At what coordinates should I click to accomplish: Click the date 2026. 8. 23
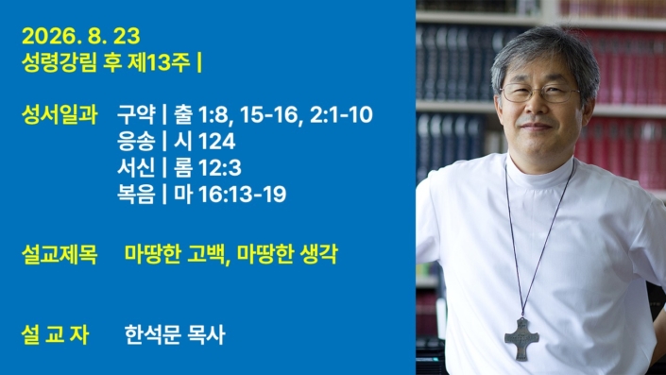click(x=80, y=37)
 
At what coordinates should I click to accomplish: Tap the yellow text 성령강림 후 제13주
click(x=106, y=63)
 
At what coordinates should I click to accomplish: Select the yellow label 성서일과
click(x=60, y=115)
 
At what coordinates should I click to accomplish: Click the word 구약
click(x=136, y=115)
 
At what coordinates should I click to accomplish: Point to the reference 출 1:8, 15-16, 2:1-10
click(x=273, y=115)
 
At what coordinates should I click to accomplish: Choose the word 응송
click(x=136, y=142)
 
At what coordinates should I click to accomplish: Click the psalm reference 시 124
click(x=204, y=142)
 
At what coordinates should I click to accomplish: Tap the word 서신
click(x=136, y=168)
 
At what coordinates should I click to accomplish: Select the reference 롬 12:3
click(x=207, y=168)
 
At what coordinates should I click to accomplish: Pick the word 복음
click(x=136, y=194)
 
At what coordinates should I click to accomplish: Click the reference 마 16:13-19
click(x=230, y=194)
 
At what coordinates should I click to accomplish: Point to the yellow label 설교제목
click(x=60, y=254)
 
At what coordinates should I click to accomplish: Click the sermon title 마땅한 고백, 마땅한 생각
click(x=231, y=254)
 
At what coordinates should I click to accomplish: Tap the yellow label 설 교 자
click(x=55, y=334)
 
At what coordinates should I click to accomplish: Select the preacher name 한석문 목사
click(x=175, y=334)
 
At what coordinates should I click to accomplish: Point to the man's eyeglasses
click(x=539, y=93)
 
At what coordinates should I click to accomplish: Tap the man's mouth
click(x=536, y=127)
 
